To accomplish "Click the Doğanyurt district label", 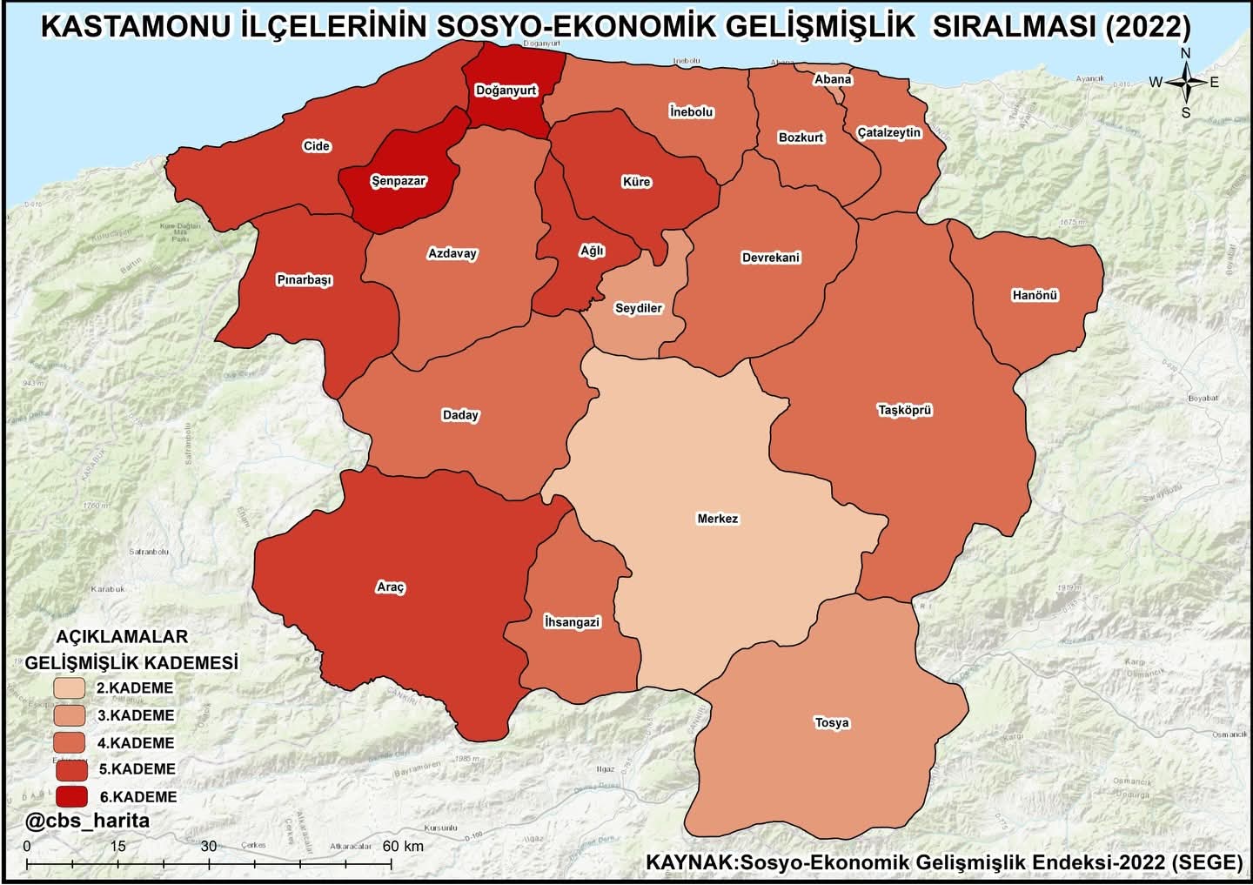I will click(x=506, y=91).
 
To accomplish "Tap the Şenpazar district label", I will click(x=398, y=182).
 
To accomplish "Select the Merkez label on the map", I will click(x=717, y=519).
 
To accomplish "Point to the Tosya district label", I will click(x=831, y=722).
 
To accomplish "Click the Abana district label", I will click(x=832, y=79).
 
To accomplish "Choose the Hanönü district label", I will click(x=1034, y=295).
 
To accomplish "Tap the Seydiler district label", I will click(x=638, y=308).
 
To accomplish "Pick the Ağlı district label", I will click(x=592, y=251).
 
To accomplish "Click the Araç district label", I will click(x=390, y=587).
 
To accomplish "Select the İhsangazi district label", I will click(x=571, y=622).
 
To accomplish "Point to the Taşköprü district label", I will click(x=904, y=410).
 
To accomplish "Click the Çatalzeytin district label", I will click(x=888, y=132).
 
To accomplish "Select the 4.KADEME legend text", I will click(x=135, y=743).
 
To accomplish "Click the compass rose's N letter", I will click(x=1185, y=54).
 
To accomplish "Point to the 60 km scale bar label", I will click(x=402, y=846).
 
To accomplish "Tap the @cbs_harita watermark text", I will click(x=87, y=821).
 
